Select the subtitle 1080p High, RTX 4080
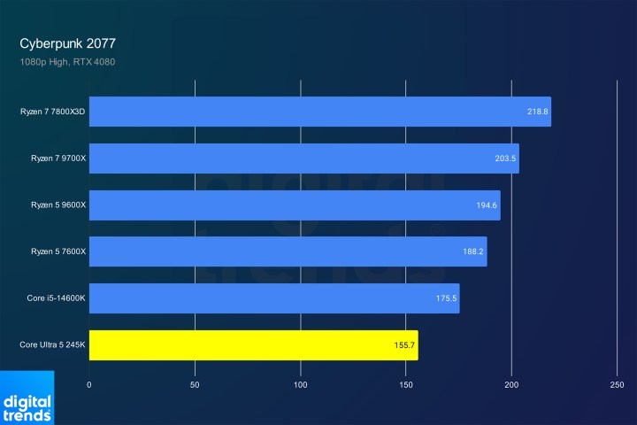67,62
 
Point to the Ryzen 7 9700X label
56,158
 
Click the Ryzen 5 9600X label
56,205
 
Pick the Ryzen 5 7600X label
56,251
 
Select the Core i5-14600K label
57,298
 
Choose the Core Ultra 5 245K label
52,345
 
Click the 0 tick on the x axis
89,385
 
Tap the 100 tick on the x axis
301,385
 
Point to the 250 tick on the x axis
618,385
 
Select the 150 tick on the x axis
406,385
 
